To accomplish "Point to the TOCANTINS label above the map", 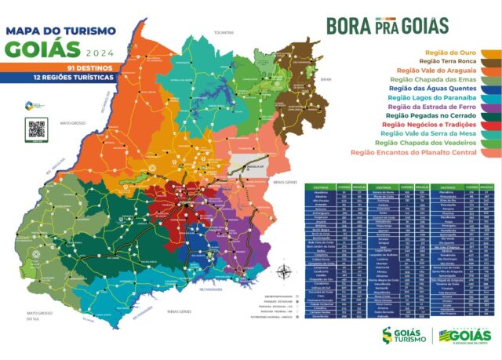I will pyautogui.click(x=224, y=33).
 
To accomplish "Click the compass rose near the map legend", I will pyautogui.click(x=285, y=273).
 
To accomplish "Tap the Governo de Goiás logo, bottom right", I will pyautogui.click(x=465, y=336).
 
